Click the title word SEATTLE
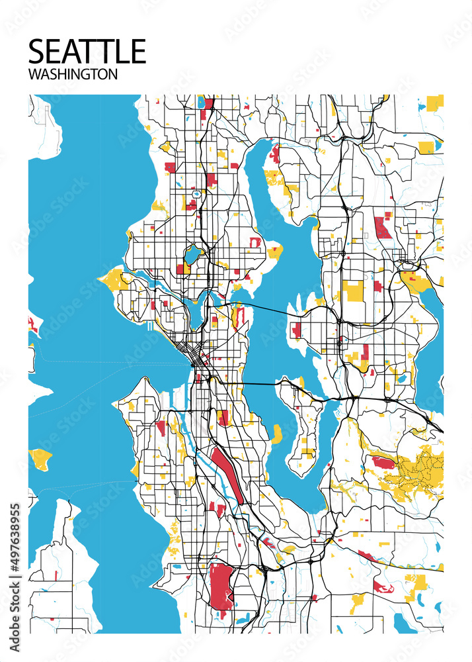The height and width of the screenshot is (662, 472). [87, 51]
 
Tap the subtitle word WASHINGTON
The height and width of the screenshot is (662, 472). [73, 74]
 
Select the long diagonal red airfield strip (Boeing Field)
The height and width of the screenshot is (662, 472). [227, 473]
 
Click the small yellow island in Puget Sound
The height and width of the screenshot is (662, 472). [40, 458]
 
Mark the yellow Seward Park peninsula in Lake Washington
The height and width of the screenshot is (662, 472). [276, 434]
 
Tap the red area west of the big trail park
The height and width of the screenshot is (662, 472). [383, 462]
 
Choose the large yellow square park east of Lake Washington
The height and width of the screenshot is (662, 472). [352, 291]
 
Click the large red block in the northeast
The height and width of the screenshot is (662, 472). [381, 226]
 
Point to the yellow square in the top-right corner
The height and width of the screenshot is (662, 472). [434, 102]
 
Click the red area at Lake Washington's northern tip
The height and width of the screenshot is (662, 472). [275, 154]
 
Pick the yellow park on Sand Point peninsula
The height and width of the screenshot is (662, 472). [274, 252]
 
